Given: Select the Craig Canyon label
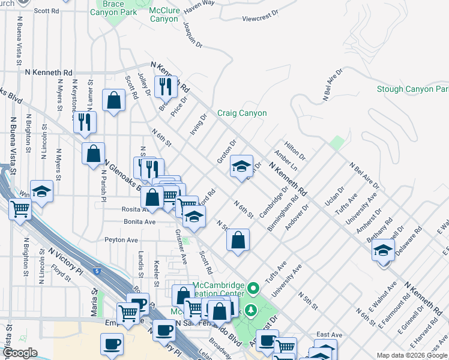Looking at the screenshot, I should click(x=241, y=113).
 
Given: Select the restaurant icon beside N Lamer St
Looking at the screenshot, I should click(x=85, y=122).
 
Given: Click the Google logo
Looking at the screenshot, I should click(x=20, y=353).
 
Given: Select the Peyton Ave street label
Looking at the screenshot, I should click(x=121, y=240).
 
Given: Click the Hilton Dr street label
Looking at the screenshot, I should click(x=295, y=152).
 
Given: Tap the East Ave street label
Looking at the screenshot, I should click(x=329, y=335).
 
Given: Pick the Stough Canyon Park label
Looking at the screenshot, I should click(x=412, y=89).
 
